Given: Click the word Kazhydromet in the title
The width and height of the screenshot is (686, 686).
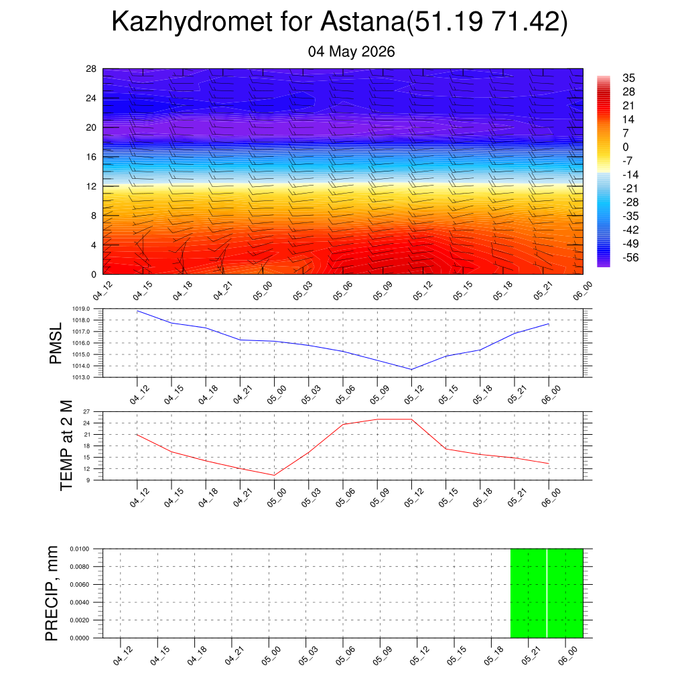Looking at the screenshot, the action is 192,21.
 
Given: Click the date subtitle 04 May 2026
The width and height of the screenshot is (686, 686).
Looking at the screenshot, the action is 351,52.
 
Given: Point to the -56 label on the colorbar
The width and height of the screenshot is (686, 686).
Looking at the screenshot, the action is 630,258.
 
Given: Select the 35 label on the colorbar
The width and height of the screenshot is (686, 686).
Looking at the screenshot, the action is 628,78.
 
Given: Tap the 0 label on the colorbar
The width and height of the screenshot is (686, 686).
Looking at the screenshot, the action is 626,147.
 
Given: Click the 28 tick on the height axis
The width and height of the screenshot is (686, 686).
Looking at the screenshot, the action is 91,69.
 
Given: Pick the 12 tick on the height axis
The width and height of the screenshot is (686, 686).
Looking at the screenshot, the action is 91,186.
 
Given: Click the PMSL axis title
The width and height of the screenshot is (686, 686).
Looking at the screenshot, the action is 56,344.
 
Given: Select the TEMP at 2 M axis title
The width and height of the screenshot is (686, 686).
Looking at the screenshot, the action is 66,445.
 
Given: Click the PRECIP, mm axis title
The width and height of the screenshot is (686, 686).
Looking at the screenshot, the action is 51,594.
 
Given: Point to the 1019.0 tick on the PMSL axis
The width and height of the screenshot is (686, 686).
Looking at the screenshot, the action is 81,309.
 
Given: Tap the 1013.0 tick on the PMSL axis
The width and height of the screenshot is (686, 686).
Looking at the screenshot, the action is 81,377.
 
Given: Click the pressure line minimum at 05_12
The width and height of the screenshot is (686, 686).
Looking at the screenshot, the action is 411,369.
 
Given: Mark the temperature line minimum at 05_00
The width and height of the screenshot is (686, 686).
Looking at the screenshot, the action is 274,475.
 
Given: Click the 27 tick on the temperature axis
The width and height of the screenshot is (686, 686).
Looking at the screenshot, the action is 86,412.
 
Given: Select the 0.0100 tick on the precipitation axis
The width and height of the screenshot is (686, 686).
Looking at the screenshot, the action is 79,549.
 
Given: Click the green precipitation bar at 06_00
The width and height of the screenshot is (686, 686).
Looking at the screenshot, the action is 565,594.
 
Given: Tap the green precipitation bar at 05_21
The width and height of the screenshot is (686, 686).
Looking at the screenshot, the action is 529,594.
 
